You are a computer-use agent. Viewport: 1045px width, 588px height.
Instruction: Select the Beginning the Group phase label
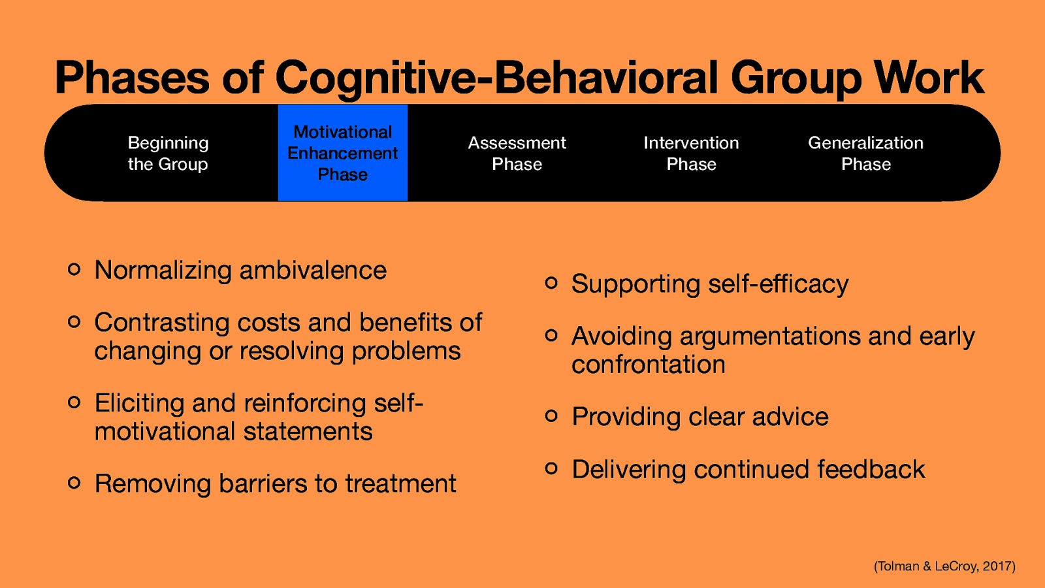pos(168,154)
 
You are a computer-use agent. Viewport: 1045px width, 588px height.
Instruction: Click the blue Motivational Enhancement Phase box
pos(343,153)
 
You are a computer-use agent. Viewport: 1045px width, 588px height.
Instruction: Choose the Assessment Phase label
pos(517,154)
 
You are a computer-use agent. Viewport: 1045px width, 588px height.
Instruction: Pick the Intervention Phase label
pos(691,154)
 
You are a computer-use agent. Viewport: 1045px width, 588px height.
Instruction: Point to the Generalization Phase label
pos(865,154)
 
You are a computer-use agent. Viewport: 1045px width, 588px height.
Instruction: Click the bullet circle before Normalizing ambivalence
pos(74,269)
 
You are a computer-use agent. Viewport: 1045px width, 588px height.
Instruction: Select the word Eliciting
pos(139,403)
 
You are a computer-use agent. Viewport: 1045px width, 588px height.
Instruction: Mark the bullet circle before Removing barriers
pos(74,483)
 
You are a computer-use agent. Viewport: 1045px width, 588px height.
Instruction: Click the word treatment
pos(400,484)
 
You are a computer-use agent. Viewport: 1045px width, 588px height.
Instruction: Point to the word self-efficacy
pos(778,284)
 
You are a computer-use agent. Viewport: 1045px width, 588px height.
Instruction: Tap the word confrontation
pos(648,365)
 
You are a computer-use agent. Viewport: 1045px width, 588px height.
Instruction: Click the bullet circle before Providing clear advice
pos(551,416)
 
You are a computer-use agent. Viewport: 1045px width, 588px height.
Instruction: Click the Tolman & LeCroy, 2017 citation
pos(944,566)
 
